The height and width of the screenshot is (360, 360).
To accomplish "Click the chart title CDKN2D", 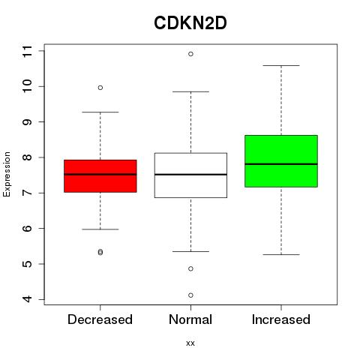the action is [190, 23].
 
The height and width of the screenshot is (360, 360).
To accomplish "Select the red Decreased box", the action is [100, 176].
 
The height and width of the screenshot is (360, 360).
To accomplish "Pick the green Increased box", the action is [281, 161].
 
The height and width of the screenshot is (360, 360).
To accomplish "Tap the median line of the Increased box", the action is [281, 164].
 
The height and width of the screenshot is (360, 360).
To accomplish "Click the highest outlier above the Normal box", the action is [190, 54].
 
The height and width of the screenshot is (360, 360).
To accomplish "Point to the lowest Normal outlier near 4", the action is [190, 295].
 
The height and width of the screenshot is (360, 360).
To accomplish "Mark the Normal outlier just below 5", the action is [190, 268].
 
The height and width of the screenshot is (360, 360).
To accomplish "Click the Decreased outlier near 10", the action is [100, 88].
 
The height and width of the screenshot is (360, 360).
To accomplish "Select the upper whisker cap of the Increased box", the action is [281, 65].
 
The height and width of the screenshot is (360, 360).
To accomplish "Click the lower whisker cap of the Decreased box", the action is [100, 229].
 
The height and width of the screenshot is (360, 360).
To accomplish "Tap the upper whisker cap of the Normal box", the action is [190, 91].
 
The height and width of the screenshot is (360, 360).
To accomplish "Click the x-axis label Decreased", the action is [100, 319].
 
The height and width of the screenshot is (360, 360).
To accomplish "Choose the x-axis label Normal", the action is [190, 319].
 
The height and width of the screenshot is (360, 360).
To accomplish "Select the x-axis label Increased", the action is [281, 319].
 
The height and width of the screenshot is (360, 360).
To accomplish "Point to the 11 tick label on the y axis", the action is [27, 51].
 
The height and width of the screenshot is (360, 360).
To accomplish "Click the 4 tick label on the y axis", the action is [27, 299].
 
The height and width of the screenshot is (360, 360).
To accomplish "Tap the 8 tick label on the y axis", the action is [27, 157].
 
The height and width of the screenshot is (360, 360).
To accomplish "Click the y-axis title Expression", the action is [7, 174].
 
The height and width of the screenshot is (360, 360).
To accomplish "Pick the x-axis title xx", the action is [190, 343].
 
